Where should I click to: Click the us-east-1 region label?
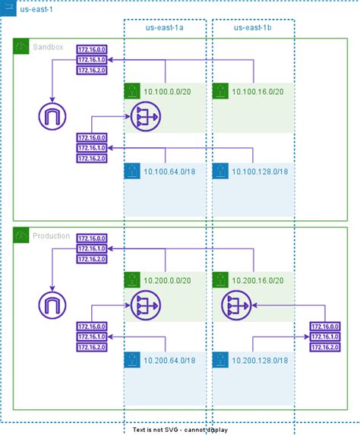[x=36, y=9]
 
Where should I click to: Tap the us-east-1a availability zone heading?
[x=165, y=28]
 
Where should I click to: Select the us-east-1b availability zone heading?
[x=254, y=28]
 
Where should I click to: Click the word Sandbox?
[x=49, y=48]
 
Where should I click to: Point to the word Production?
[x=52, y=236]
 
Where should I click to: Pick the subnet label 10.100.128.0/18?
[x=260, y=172]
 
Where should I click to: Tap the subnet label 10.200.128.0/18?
[x=260, y=360]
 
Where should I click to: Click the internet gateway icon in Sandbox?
[x=52, y=117]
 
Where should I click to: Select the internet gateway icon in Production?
[x=52, y=305]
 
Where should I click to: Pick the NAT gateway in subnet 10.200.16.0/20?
[x=233, y=305]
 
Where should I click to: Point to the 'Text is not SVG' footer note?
[x=179, y=430]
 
